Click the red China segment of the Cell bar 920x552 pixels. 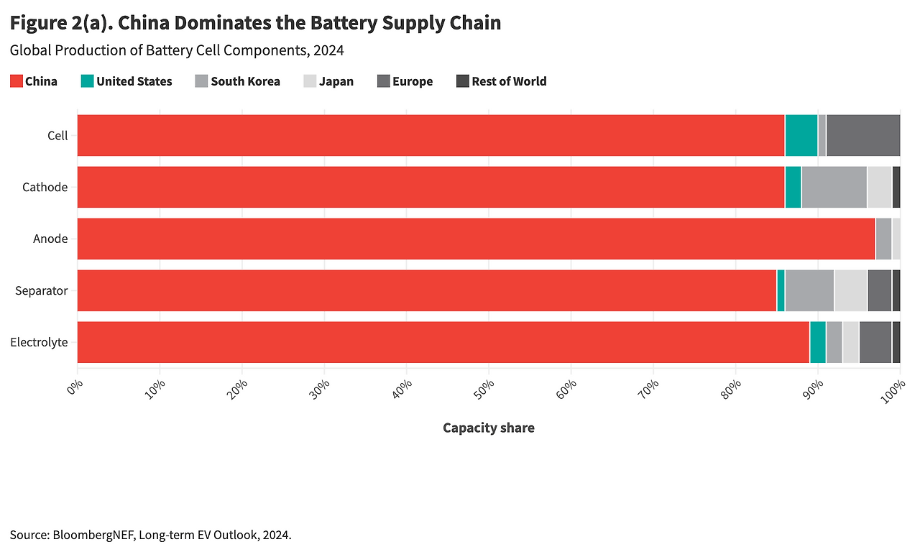coord(431,135)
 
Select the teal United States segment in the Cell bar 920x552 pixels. coord(801,135)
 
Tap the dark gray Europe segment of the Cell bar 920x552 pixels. coord(863,135)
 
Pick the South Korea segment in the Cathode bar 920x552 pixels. coord(834,187)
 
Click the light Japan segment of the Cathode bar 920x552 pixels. coord(879,187)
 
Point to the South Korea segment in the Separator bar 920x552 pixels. coord(809,290)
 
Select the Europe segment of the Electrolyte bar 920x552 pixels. coord(875,342)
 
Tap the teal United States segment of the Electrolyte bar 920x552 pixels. coord(817,342)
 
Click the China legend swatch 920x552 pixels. coord(16,81)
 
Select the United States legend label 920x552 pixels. coord(134,81)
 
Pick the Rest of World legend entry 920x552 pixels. coord(509,81)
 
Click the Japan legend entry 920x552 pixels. coord(336,81)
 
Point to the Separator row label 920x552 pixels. coord(42,290)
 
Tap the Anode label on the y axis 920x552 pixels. coord(50,239)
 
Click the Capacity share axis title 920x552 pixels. coord(489,428)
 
